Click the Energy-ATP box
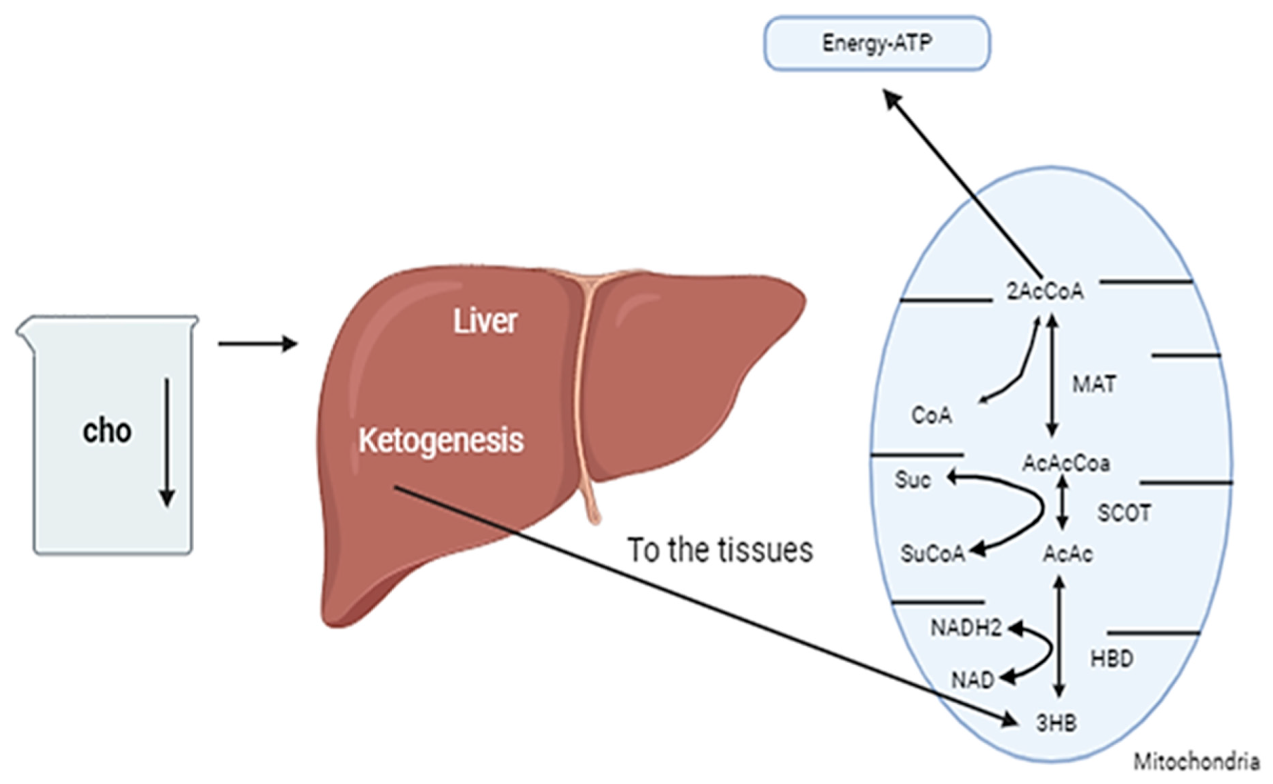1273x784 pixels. pos(877,43)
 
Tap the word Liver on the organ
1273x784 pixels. pos(485,321)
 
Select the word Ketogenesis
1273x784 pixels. pos(441,441)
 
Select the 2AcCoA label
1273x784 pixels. pos(1045,292)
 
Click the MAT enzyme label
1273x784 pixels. pos(1094,384)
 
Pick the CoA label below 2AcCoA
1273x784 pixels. pos(932,415)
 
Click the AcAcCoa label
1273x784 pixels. pos(1066,463)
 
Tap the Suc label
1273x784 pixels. pos(913,480)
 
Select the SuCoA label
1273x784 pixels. pos(933,554)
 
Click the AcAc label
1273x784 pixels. pos(1068,554)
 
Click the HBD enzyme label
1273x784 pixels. pos(1112,659)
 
